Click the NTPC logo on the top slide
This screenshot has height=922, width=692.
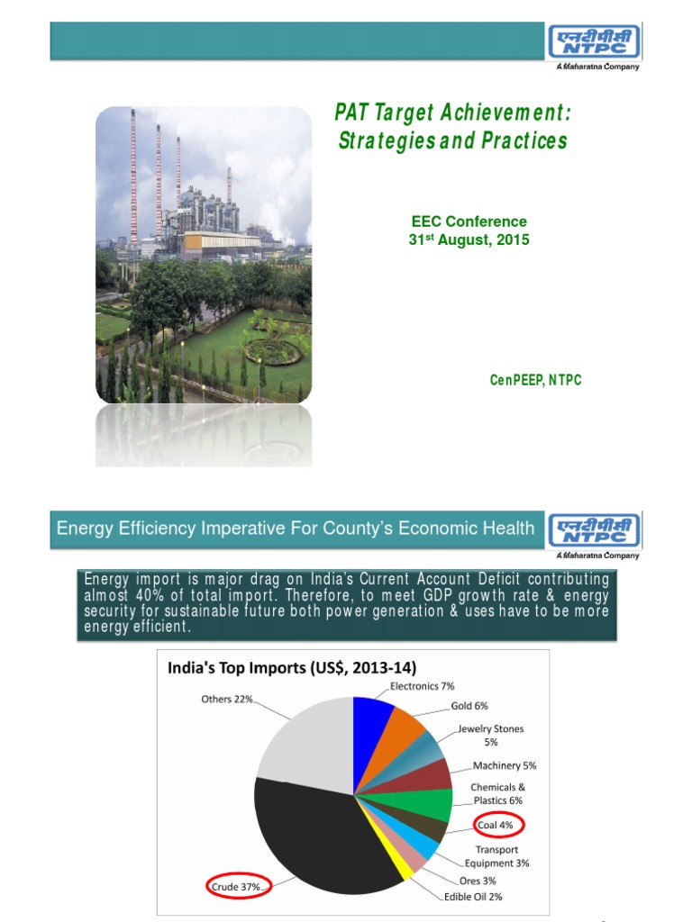click(594, 42)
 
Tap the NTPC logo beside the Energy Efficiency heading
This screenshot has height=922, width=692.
click(594, 531)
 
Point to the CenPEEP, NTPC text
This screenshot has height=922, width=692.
click(535, 380)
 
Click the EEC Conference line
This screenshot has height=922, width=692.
click(469, 221)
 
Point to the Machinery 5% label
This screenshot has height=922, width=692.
click(505, 765)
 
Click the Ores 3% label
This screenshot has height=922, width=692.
click(477, 880)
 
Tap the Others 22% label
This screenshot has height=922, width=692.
click(226, 699)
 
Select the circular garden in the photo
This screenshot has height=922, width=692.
click(270, 346)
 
